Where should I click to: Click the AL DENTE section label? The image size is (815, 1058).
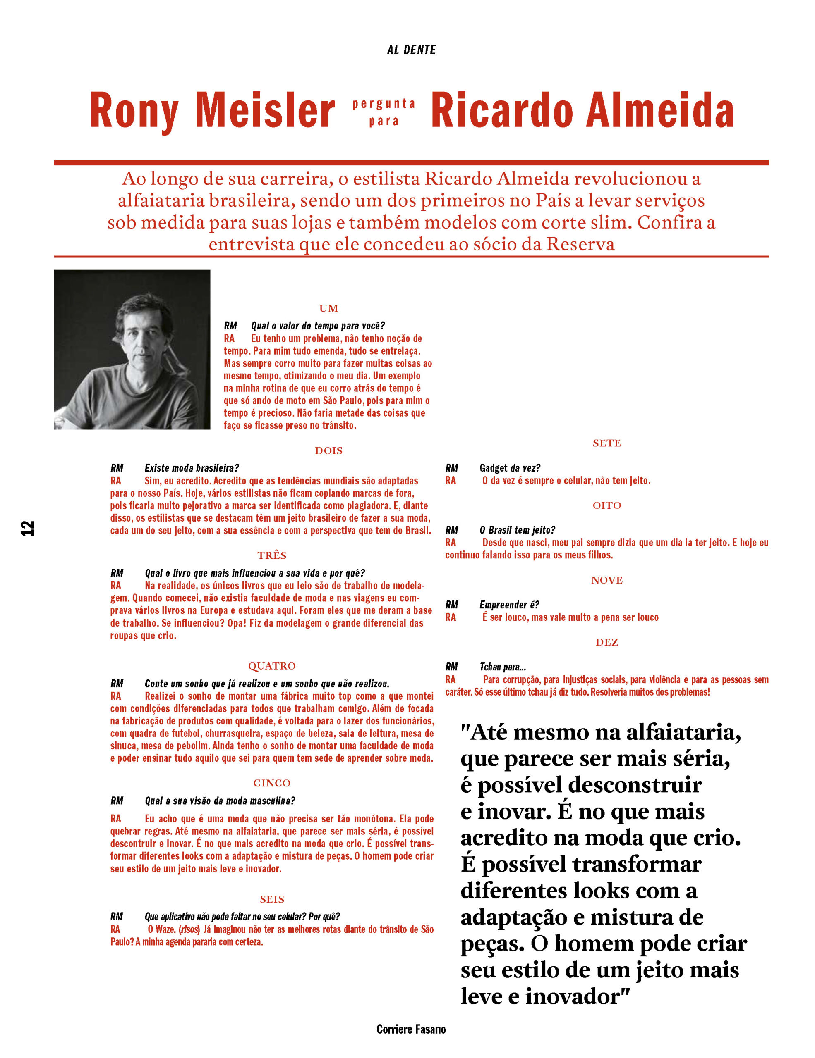[x=411, y=50]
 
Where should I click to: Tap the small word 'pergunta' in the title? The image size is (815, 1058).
[x=384, y=104]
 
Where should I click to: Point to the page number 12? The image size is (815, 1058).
[x=28, y=528]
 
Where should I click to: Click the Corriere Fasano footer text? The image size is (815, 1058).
[x=411, y=1029]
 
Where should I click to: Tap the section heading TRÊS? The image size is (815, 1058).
[x=271, y=555]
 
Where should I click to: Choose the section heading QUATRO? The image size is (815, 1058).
[x=271, y=666]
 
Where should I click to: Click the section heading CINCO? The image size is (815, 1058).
[x=271, y=783]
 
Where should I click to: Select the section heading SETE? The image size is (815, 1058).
[x=606, y=443]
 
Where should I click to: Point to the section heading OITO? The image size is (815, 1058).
[x=606, y=505]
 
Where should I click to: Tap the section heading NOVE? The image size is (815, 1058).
[x=606, y=580]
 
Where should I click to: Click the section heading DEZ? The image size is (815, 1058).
[x=606, y=642]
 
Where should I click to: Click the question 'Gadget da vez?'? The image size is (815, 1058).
[x=510, y=468]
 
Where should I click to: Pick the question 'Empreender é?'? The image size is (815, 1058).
[x=509, y=605]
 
